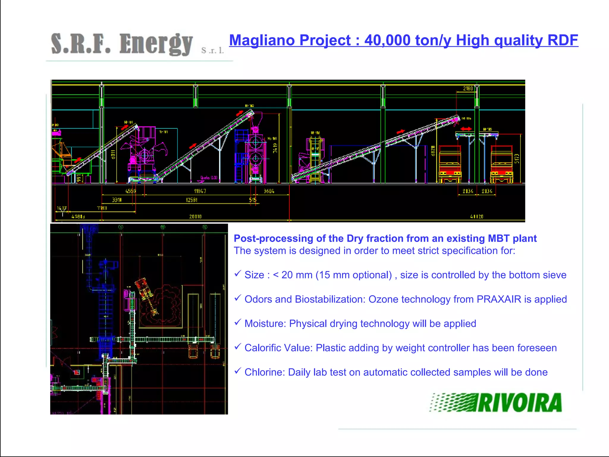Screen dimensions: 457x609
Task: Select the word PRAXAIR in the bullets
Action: pyautogui.click(x=499, y=299)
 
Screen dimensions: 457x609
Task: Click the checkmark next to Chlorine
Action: pyautogui.click(x=237, y=371)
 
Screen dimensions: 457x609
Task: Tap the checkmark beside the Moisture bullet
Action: pyautogui.click(x=237, y=322)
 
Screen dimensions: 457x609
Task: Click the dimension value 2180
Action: pyautogui.click(x=468, y=88)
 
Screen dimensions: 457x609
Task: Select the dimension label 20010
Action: pyautogui.click(x=195, y=217)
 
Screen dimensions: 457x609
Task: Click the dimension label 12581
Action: pyautogui.click(x=192, y=200)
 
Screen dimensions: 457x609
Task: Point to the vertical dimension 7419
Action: pyautogui.click(x=275, y=148)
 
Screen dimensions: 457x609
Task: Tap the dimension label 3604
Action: pyautogui.click(x=269, y=191)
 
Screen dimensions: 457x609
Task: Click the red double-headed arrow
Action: pyautogui.click(x=466, y=129)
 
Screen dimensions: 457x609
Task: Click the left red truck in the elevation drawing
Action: pyautogui.click(x=450, y=164)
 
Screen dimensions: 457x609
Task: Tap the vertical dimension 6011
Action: pyautogui.click(x=113, y=154)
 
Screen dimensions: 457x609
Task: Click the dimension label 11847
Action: pyautogui.click(x=200, y=191)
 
